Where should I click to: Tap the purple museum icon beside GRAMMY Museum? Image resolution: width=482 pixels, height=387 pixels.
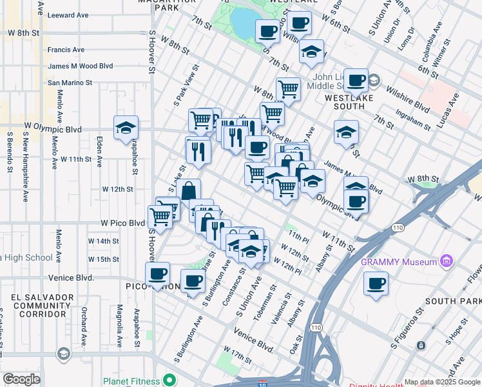(x=445, y=261)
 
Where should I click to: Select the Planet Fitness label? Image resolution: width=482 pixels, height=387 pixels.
(x=132, y=381)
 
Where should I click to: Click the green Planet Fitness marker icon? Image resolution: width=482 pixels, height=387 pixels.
(x=171, y=380)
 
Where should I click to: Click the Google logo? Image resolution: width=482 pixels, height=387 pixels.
(x=21, y=379)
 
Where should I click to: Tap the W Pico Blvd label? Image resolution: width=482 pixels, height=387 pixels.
(x=122, y=223)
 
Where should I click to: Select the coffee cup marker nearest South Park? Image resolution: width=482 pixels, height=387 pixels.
(x=376, y=283)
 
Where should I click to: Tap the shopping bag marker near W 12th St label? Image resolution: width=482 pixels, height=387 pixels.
(x=189, y=191)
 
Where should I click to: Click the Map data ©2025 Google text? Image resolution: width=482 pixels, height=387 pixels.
(x=441, y=382)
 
